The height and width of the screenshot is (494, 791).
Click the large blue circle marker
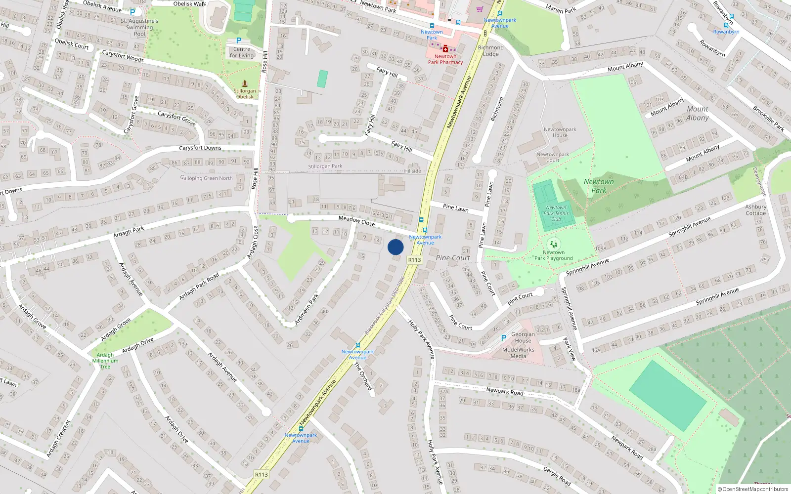(395, 247)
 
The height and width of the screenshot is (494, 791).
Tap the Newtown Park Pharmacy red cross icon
(445, 48)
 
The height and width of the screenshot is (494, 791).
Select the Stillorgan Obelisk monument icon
(244, 84)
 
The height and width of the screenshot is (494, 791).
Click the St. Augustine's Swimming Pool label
(139, 28)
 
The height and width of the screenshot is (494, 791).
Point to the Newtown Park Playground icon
(554, 244)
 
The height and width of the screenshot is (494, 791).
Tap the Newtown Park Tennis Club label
(556, 213)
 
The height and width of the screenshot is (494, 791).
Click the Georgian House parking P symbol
(504, 338)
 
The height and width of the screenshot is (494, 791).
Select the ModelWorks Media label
(518, 353)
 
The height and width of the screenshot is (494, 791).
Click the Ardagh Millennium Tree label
(105, 361)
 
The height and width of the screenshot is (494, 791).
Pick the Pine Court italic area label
(453, 258)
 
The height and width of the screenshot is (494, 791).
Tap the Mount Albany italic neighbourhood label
(697, 113)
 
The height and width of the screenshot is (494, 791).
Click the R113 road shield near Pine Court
(414, 260)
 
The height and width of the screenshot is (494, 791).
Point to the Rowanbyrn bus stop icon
(726, 25)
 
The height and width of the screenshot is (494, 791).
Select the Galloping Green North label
(207, 178)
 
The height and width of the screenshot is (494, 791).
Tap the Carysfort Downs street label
(200, 148)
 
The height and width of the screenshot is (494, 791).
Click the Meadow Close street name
(356, 220)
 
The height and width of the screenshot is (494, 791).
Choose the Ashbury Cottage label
(755, 210)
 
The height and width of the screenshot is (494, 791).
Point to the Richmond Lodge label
(490, 51)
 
